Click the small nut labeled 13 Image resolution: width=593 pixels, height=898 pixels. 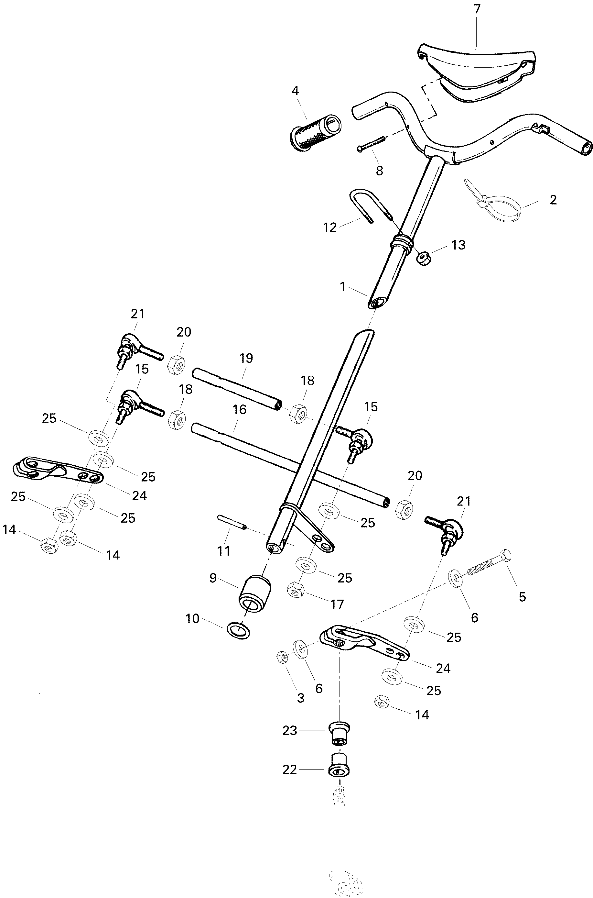(x=424, y=259)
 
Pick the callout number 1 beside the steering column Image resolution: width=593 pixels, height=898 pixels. (x=343, y=287)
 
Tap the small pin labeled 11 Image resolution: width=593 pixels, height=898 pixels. (x=232, y=522)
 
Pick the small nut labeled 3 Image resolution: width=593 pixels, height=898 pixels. (x=282, y=657)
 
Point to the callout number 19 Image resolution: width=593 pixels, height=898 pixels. (x=246, y=358)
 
